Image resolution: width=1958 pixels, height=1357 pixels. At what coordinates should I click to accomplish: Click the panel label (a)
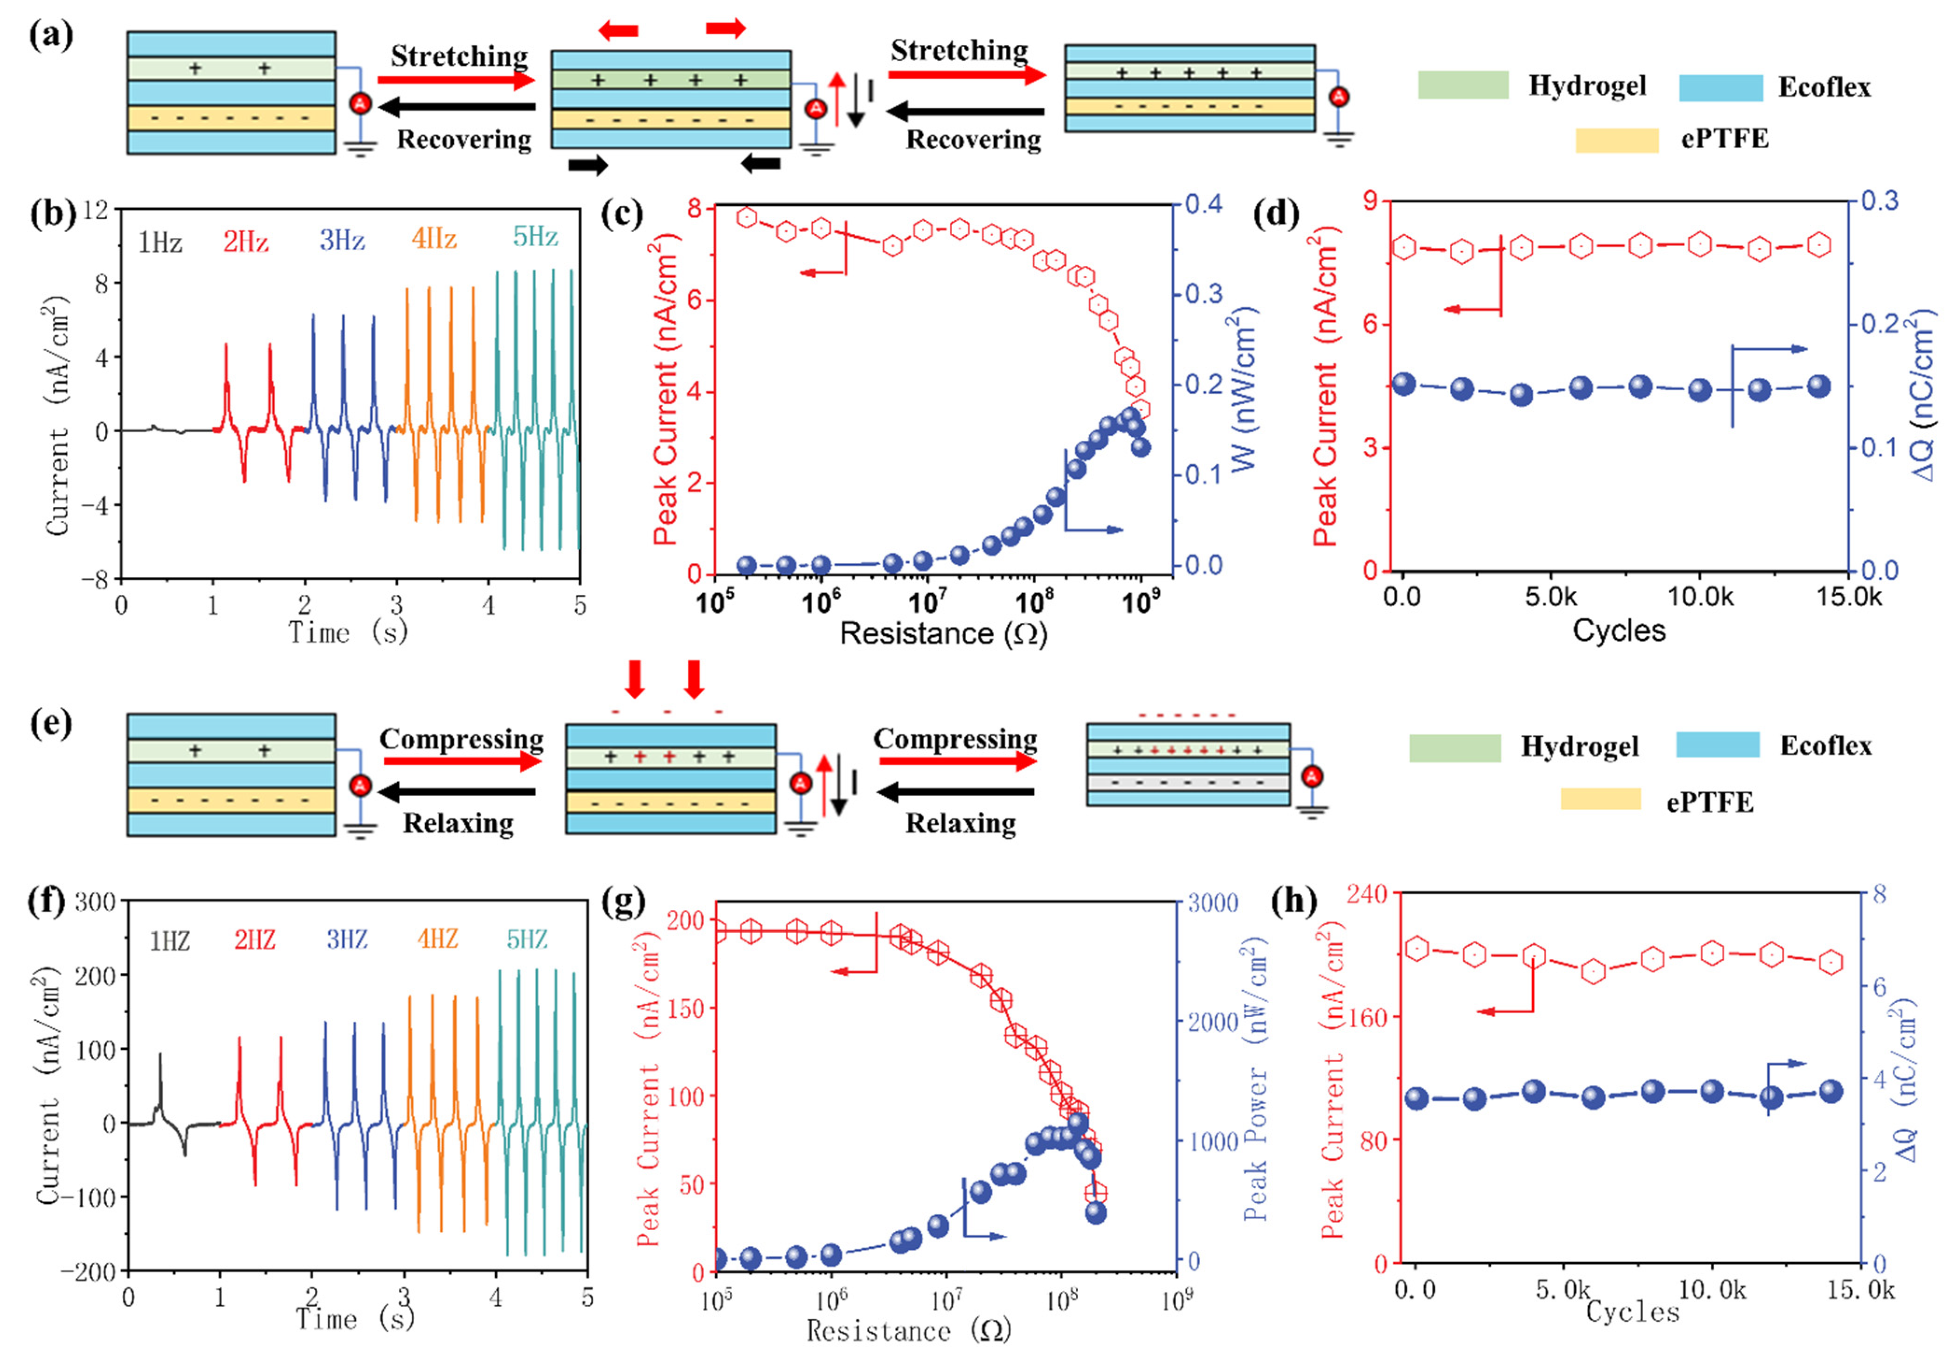[x=51, y=36]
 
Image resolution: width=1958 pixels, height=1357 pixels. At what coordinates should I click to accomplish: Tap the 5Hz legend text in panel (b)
[x=535, y=237]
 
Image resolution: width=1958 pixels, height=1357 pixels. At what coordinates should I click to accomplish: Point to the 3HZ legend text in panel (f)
[x=347, y=940]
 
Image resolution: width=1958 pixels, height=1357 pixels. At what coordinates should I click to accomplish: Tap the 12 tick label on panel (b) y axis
[x=96, y=209]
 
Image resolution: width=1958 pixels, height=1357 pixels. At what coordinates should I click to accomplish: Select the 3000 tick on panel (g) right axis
[x=1212, y=903]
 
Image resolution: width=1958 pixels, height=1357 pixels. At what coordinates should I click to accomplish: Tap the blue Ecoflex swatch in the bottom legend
[x=1717, y=745]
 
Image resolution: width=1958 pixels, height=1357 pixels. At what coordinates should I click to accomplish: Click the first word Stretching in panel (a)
[x=459, y=56]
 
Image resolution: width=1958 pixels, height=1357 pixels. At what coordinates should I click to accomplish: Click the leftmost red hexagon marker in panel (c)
[x=747, y=218]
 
